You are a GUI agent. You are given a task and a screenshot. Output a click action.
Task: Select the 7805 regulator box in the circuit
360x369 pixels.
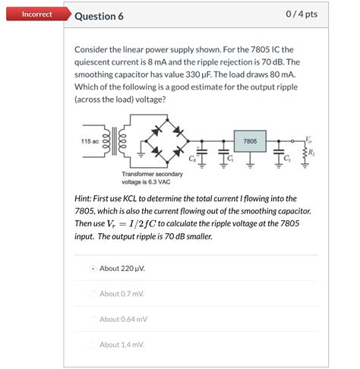point(250,142)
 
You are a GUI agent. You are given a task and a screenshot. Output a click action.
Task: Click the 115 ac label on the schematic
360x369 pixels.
point(90,142)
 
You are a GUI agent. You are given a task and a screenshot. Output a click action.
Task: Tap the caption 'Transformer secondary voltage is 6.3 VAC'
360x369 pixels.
point(151,178)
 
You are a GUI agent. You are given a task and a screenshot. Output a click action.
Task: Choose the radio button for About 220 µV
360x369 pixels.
point(93,268)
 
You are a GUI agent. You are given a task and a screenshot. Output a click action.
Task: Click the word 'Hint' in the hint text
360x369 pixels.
point(84,198)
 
